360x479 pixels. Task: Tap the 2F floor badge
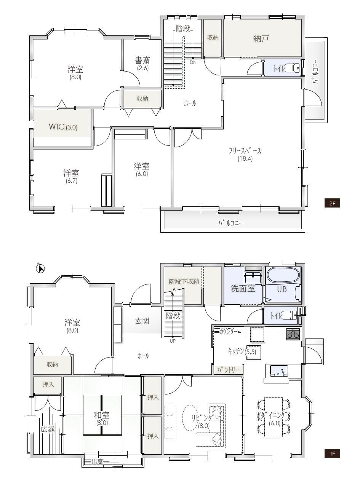click(332, 204)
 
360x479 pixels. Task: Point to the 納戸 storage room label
click(261, 38)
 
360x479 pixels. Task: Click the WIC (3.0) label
click(63, 127)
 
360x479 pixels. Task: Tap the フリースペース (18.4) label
click(245, 155)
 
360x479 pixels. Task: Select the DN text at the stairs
click(193, 62)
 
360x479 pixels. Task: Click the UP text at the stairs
click(173, 341)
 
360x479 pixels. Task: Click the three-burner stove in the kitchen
click(293, 334)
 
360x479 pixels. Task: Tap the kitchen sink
click(279, 370)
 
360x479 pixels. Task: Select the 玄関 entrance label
click(142, 321)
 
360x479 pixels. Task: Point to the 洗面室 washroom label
click(243, 289)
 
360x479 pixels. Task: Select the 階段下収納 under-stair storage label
click(184, 281)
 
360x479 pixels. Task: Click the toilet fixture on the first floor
click(292, 315)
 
